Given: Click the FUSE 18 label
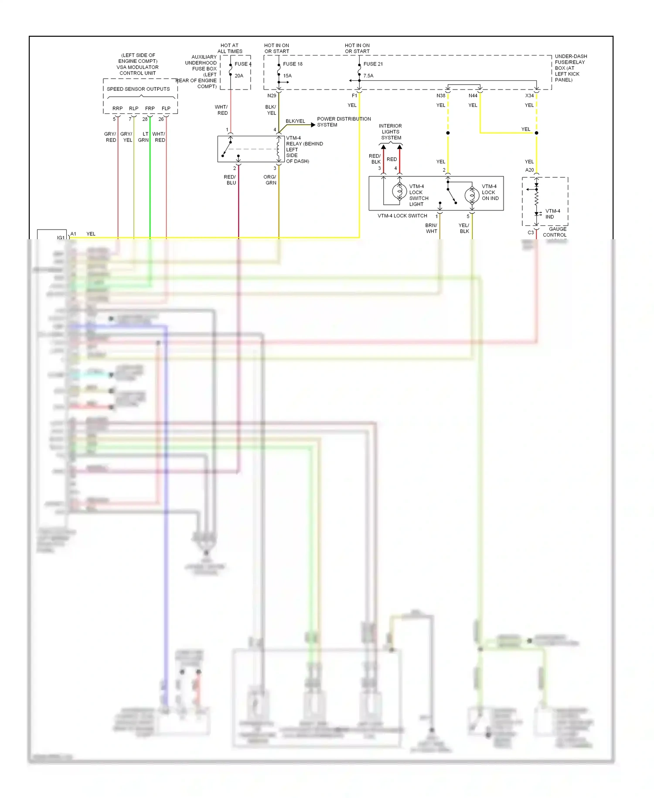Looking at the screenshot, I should pyautogui.click(x=293, y=64).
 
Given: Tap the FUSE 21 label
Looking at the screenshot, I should pyautogui.click(x=373, y=64).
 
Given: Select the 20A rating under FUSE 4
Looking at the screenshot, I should pyautogui.click(x=239, y=76).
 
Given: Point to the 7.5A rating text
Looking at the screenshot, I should pyautogui.click(x=368, y=76).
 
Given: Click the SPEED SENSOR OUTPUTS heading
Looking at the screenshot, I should pyautogui.click(x=138, y=89).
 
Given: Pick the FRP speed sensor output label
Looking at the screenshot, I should pyautogui.click(x=150, y=108).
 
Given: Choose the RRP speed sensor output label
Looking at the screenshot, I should pyautogui.click(x=117, y=108).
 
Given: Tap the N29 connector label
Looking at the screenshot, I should pyautogui.click(x=272, y=96).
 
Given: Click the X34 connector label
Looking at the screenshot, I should pyautogui.click(x=529, y=96).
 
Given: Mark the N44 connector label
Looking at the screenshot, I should pyautogui.click(x=473, y=96).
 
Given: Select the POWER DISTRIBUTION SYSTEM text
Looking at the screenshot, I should pyautogui.click(x=344, y=122).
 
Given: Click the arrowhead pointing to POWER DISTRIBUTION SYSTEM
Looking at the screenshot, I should pyautogui.click(x=313, y=125).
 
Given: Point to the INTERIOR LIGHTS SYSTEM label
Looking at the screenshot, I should pyautogui.click(x=391, y=132).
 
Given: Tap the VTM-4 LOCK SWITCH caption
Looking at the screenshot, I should pyautogui.click(x=402, y=216).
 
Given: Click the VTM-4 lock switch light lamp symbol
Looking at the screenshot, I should pyautogui.click(x=399, y=191).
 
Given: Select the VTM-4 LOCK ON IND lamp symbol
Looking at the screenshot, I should pyautogui.click(x=472, y=195).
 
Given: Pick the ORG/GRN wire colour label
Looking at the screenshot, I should pyautogui.click(x=270, y=180).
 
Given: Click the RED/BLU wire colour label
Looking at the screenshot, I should pyautogui.click(x=230, y=180).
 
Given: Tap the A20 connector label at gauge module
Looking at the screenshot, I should pyautogui.click(x=529, y=170).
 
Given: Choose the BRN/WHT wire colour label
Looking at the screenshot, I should pyautogui.click(x=431, y=228).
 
